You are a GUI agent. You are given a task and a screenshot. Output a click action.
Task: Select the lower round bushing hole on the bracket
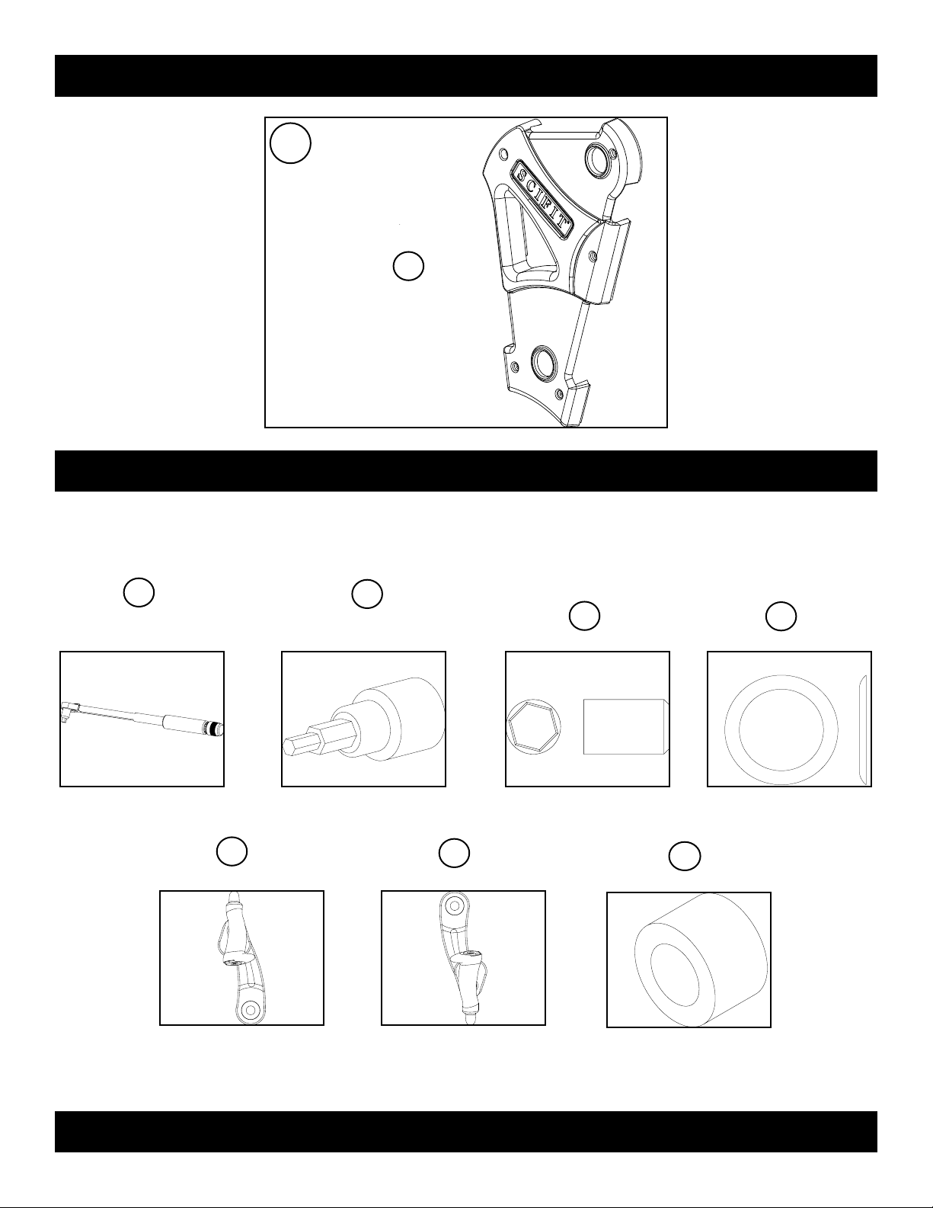(543, 362)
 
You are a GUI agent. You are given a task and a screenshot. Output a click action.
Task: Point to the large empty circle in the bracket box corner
(290, 143)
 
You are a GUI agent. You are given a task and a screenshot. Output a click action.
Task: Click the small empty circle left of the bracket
(408, 266)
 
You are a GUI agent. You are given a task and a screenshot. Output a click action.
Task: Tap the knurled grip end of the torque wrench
(212, 727)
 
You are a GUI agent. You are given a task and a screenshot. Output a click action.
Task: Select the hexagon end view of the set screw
(534, 726)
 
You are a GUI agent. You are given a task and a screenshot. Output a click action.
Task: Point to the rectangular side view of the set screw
(626, 726)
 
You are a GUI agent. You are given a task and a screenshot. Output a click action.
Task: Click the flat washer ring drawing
(781, 729)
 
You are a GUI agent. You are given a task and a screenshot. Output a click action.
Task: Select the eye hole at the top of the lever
(454, 906)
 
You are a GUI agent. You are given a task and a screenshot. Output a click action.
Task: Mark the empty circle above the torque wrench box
(139, 593)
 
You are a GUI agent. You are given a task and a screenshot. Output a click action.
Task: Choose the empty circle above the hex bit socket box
(367, 594)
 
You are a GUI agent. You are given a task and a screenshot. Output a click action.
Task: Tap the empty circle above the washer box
(781, 616)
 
